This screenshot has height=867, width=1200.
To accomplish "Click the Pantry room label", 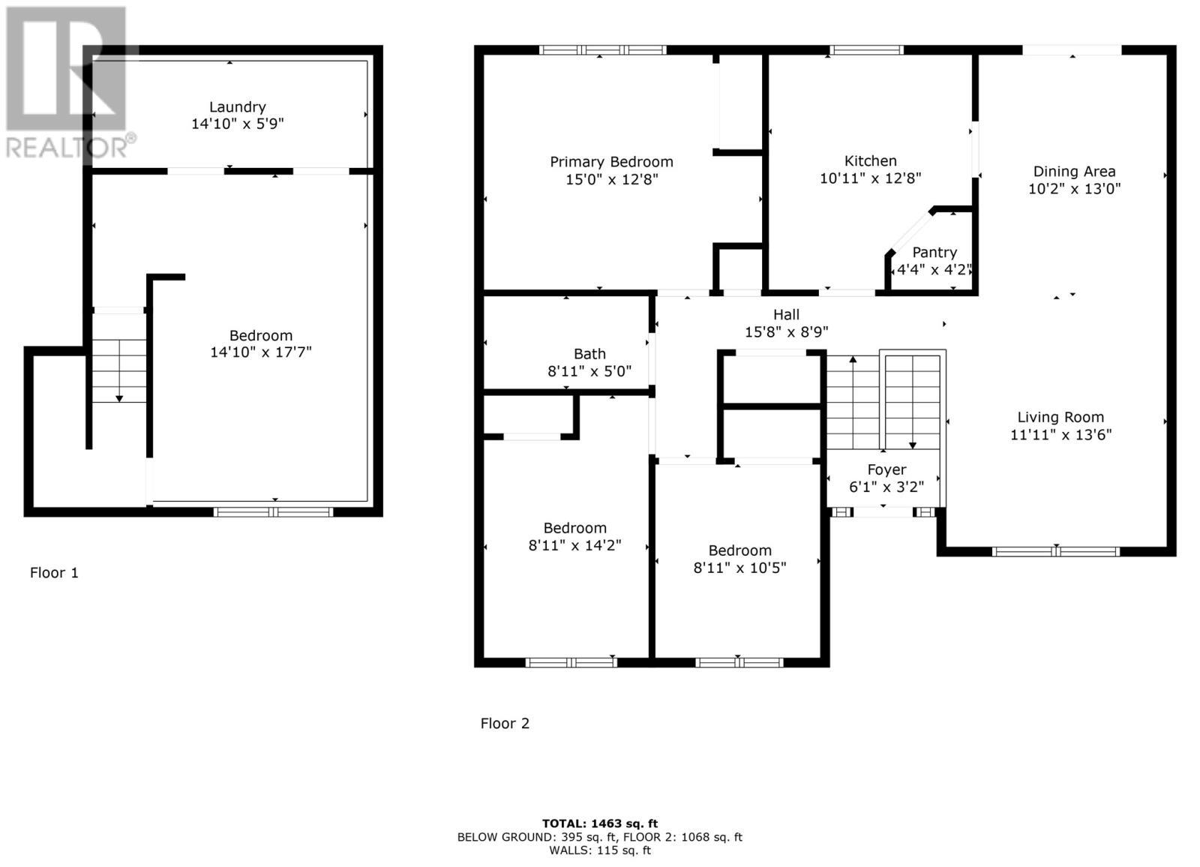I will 934,253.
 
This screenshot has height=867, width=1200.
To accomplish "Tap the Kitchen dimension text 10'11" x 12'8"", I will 870,178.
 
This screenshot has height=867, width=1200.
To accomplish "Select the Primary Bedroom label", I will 611,162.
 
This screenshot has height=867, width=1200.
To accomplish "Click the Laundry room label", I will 237,107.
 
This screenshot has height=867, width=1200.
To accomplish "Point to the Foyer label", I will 886,470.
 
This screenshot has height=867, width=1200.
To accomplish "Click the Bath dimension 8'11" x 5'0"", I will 589,371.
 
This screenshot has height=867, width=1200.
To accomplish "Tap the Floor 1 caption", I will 54,573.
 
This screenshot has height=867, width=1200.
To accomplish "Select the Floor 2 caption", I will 505,724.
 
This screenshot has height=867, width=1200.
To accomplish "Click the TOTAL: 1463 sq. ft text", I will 600,823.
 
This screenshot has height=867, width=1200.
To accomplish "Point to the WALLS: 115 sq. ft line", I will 600,850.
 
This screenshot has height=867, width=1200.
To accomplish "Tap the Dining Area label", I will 1074,172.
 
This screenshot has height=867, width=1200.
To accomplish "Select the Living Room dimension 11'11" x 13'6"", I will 1060,435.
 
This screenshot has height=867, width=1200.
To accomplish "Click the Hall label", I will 786,315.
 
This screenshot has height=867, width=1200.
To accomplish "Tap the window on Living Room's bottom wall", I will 1055,552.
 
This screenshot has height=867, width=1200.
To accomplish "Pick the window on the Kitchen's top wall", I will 866,50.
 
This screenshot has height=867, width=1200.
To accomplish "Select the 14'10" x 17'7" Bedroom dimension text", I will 260,352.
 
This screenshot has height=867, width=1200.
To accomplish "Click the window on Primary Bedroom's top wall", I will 602,50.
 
